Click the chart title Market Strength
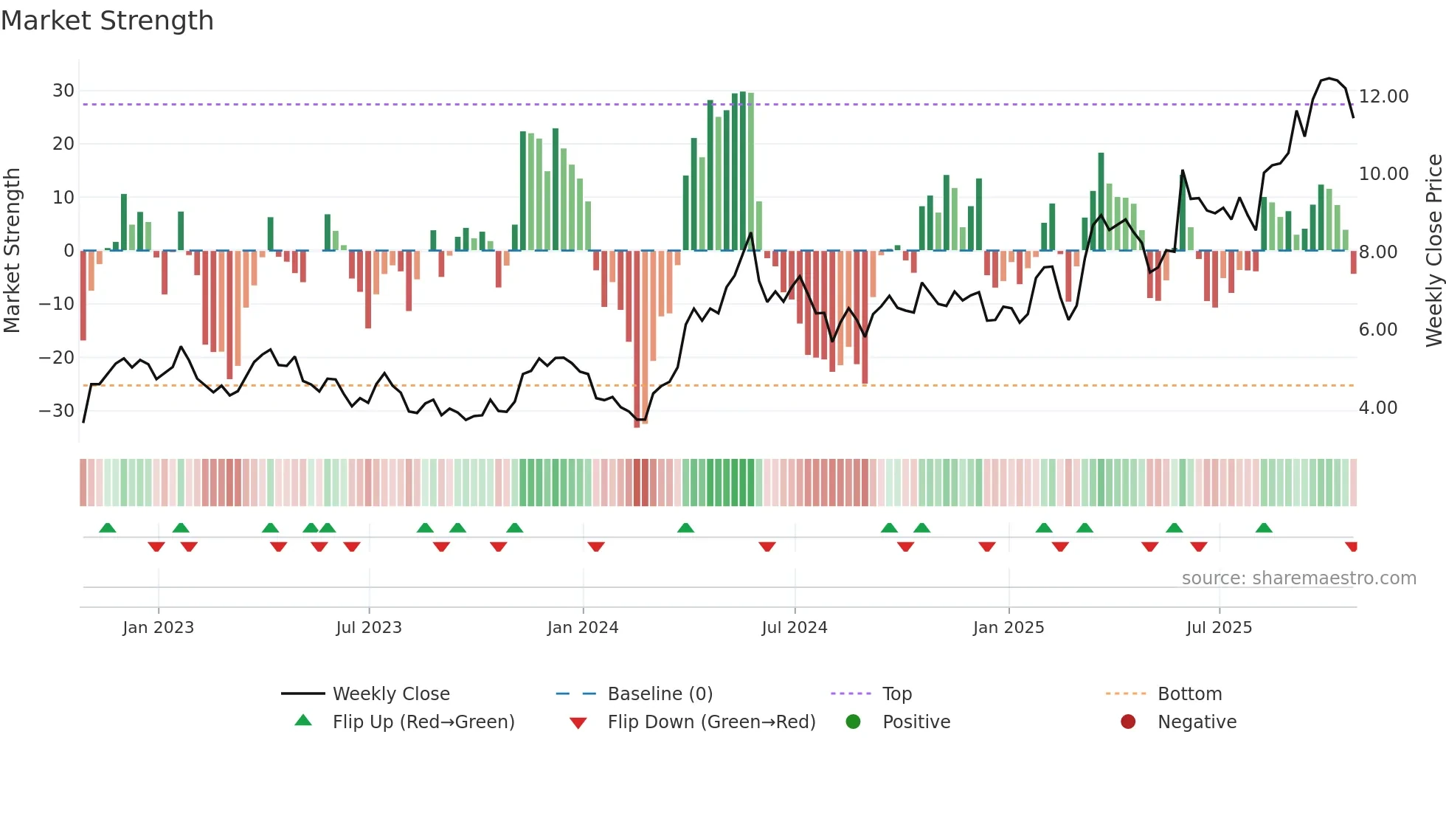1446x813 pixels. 107,21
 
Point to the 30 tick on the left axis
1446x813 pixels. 63,91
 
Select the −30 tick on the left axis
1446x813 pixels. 58,411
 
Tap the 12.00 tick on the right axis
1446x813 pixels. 1383,97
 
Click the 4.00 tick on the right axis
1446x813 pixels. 1377,408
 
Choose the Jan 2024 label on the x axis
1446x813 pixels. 582,628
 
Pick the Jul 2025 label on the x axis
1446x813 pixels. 1219,628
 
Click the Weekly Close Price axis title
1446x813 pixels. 1433,250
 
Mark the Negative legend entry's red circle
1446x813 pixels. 1128,722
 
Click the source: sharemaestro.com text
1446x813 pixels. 1298,578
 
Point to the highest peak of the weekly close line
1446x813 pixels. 1329,78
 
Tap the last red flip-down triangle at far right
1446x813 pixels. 1352,547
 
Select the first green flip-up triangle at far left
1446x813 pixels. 108,527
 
